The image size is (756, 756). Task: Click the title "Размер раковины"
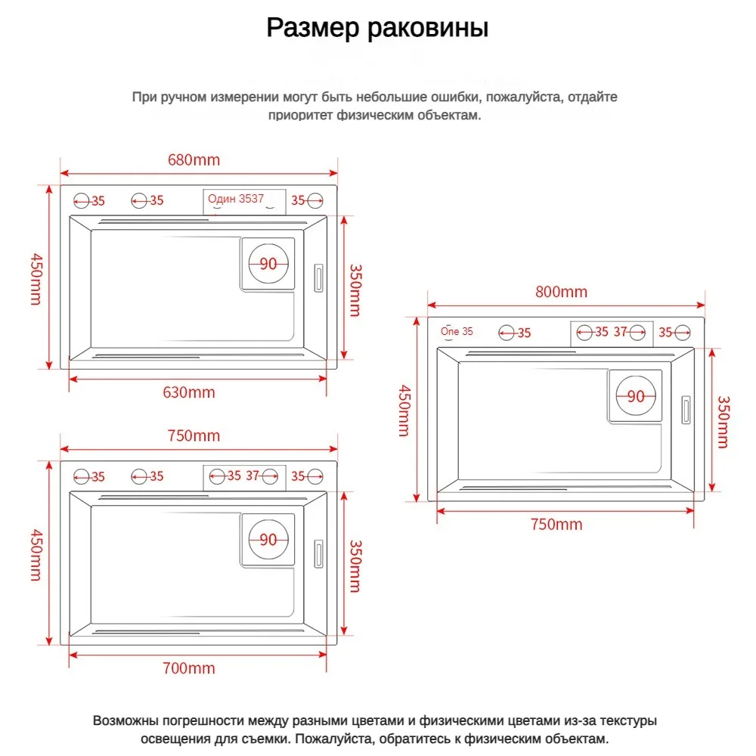click(x=377, y=28)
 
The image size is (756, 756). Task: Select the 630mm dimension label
click(x=189, y=392)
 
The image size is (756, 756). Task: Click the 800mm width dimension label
click(x=561, y=293)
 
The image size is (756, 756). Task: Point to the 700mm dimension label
click(x=189, y=668)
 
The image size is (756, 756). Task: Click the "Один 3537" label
click(x=236, y=199)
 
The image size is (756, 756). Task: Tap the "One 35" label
click(x=457, y=331)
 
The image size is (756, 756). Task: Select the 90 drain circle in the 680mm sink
click(x=268, y=264)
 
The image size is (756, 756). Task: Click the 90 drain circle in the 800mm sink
click(x=636, y=396)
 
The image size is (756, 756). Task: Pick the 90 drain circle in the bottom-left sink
click(x=268, y=540)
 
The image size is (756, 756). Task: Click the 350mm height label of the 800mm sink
click(x=723, y=422)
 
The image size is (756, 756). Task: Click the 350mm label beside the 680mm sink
click(x=355, y=290)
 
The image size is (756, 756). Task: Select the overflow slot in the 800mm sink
click(x=686, y=411)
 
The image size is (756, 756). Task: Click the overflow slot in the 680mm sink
click(x=319, y=277)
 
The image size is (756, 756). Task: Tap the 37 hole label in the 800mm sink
click(x=621, y=331)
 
